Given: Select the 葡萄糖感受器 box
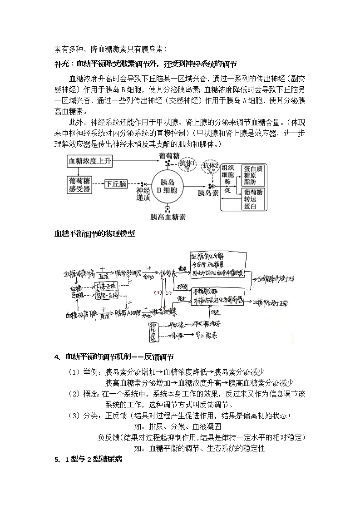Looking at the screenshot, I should click(x=78, y=184).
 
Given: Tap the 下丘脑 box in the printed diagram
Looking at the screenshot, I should click(x=116, y=184).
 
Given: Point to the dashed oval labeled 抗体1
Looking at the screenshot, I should click(x=187, y=163).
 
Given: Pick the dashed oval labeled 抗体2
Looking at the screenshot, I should click(x=211, y=166).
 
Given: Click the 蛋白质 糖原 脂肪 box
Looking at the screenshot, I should click(x=253, y=174).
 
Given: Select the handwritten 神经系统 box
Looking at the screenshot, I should click(x=153, y=332).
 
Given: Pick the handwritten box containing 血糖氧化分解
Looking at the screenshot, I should click(x=217, y=264).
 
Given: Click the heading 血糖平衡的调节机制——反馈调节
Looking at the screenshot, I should click(x=119, y=357).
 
